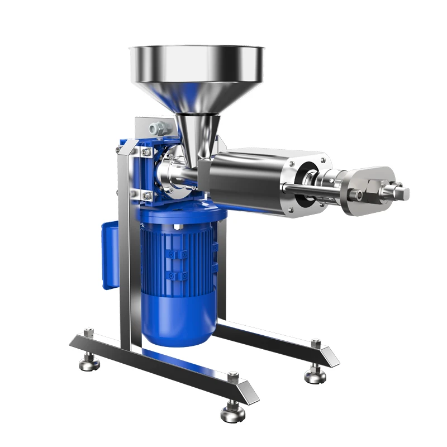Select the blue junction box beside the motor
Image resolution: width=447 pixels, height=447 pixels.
pyautogui.click(x=110, y=254)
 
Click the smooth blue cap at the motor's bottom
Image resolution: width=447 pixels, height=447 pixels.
pyautogui.click(x=179, y=321)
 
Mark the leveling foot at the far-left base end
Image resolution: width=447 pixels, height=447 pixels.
pyautogui.click(x=89, y=364)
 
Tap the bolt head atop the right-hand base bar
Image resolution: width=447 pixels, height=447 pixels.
pyautogui.click(x=316, y=342)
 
